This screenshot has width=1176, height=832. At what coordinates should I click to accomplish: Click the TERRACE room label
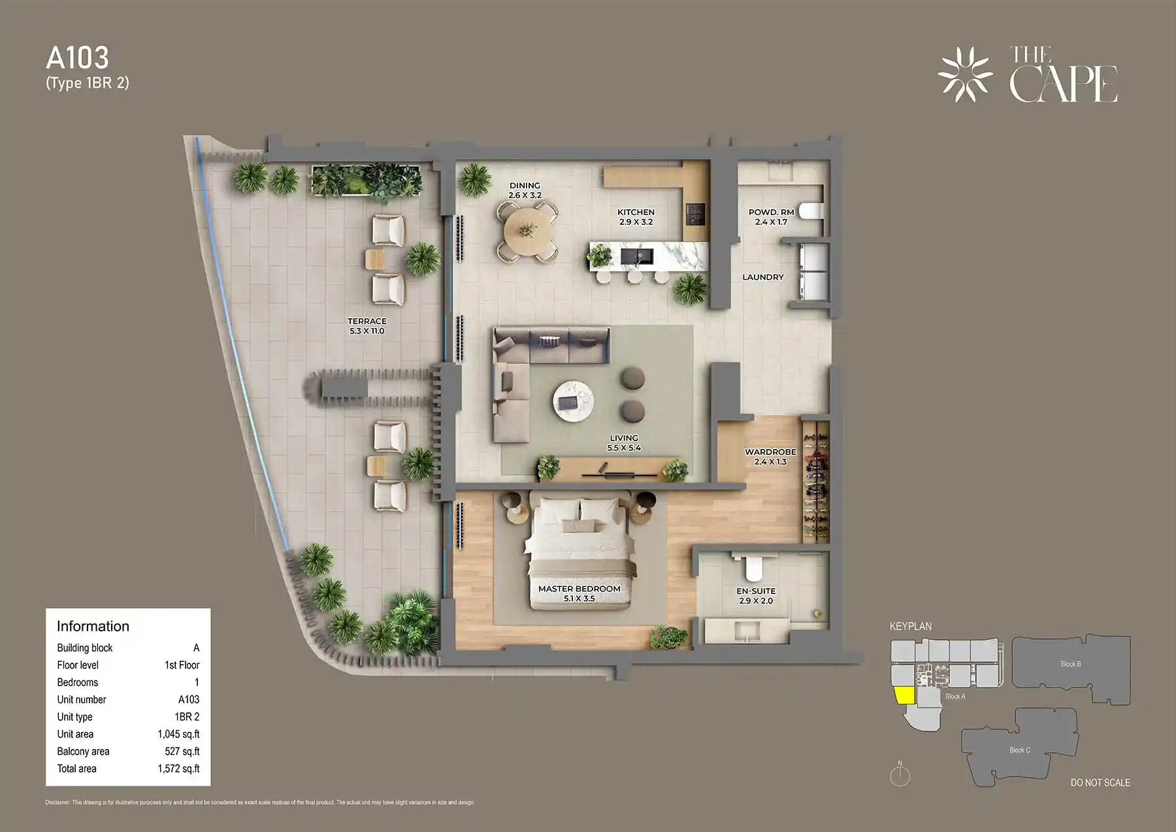click(367, 322)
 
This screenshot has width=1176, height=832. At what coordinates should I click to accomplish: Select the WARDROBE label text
click(770, 452)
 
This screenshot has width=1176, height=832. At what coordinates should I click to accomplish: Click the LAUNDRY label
click(762, 277)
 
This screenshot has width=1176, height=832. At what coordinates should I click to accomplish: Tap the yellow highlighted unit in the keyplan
click(904, 695)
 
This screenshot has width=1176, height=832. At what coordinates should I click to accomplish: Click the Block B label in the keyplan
click(1070, 664)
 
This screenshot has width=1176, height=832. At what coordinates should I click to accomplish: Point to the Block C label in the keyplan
click(1019, 750)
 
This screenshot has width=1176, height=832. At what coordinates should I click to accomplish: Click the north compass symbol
click(900, 775)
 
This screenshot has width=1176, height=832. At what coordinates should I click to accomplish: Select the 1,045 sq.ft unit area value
click(178, 734)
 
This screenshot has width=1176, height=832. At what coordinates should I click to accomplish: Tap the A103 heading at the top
click(78, 58)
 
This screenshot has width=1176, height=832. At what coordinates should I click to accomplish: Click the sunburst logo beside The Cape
click(965, 75)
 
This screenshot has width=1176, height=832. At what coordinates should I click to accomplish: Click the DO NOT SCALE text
click(1100, 782)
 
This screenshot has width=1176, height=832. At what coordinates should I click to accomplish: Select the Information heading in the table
click(93, 626)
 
